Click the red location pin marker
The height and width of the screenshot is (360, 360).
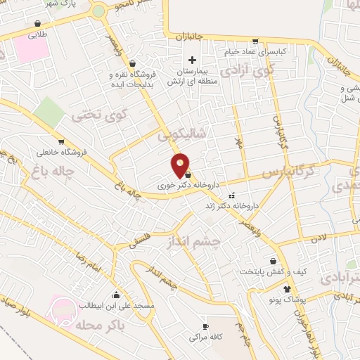(x=181, y=165)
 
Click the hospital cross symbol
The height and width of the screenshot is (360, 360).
(x=192, y=60)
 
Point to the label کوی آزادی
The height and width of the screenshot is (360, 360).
(x=245, y=71)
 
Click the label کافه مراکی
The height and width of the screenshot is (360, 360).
(x=205, y=337)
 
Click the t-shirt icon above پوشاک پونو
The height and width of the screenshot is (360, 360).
(x=286, y=288)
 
